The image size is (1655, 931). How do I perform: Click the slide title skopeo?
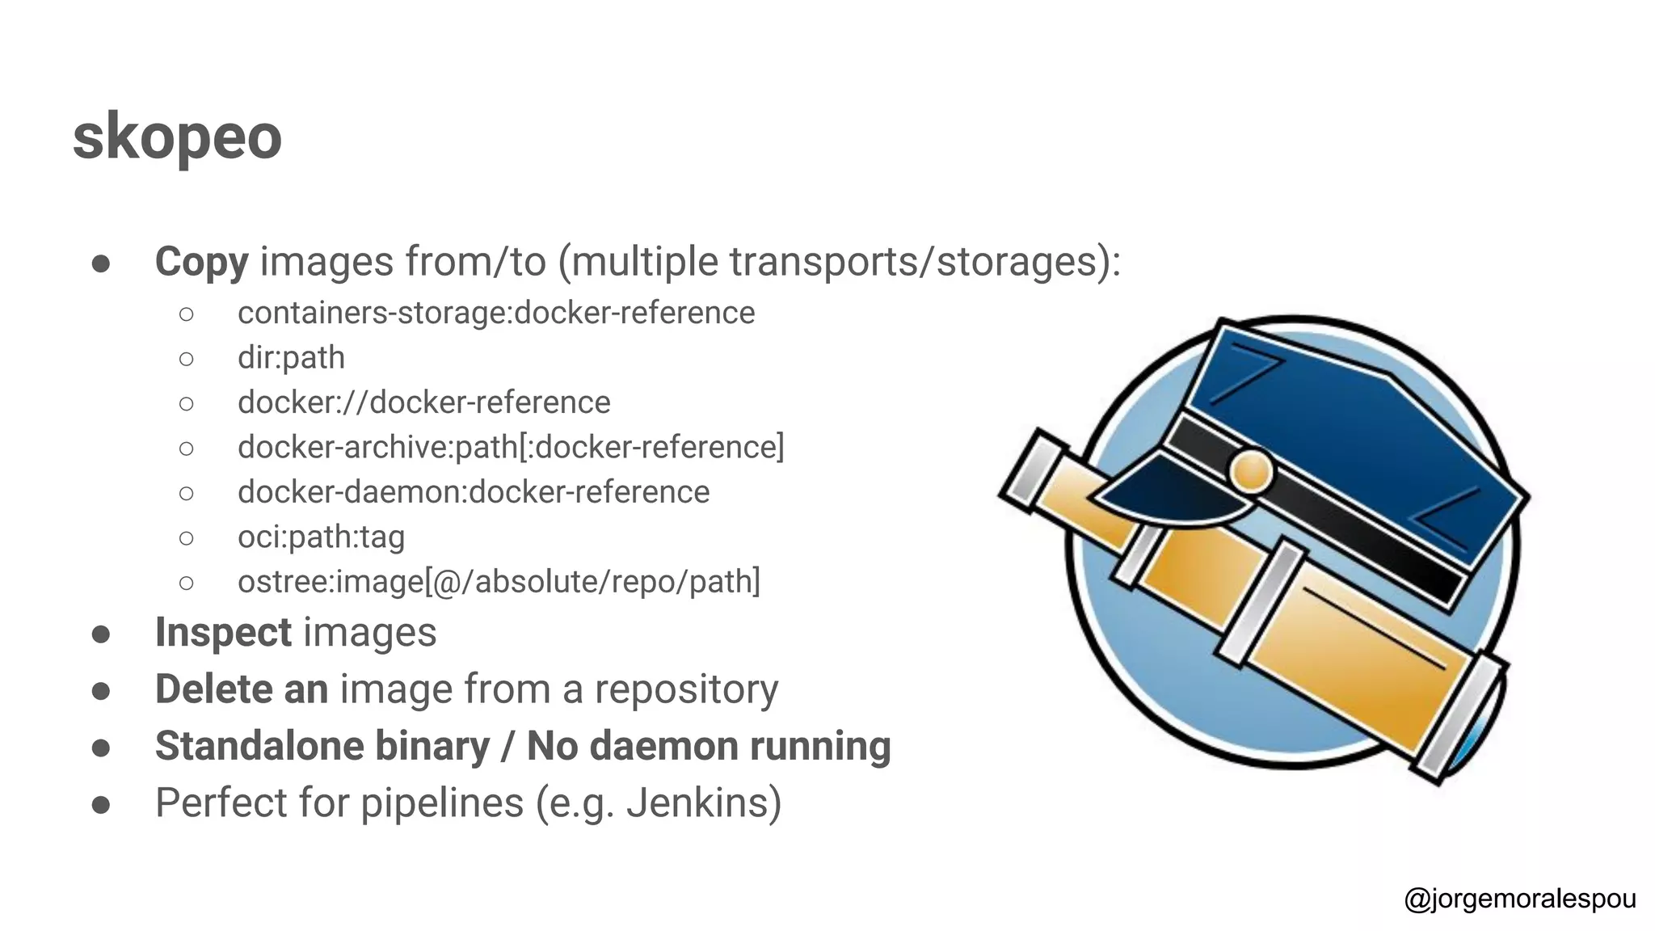click(177, 136)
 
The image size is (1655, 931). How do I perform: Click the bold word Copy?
click(201, 262)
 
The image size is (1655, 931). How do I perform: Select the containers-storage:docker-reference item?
click(495, 313)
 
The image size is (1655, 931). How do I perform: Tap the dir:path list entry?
click(291, 357)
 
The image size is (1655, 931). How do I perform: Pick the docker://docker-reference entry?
click(423, 402)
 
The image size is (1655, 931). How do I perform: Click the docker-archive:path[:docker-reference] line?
click(511, 447)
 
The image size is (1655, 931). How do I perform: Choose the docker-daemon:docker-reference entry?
click(473, 492)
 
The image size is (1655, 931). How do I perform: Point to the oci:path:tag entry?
click(321, 537)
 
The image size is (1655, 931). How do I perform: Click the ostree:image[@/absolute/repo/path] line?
click(499, 582)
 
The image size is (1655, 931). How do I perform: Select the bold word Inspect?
click(223, 632)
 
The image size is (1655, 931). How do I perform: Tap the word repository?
click(686, 689)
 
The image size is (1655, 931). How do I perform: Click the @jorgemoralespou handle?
click(1519, 899)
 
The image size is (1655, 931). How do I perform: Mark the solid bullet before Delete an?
click(101, 691)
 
